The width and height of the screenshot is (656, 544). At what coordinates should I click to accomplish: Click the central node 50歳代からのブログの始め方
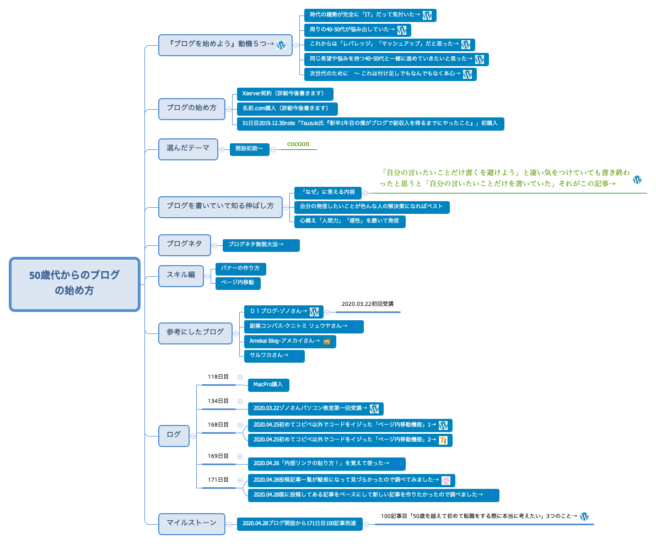[x=74, y=284]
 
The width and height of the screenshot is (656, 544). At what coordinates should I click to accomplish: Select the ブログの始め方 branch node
[x=191, y=109]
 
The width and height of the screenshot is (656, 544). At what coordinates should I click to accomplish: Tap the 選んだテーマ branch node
[x=188, y=149]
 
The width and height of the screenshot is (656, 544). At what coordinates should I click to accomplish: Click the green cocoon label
[x=298, y=144]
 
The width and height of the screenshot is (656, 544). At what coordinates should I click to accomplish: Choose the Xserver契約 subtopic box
[x=284, y=94]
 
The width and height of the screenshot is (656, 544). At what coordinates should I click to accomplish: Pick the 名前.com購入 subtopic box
[x=287, y=109]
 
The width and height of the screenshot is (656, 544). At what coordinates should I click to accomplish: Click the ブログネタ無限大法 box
[x=261, y=245]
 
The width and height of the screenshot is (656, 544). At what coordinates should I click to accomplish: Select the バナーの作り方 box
[x=240, y=269]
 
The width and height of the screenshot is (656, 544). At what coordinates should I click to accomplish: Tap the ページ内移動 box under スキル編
[x=238, y=283]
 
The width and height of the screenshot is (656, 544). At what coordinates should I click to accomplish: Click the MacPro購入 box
[x=268, y=385]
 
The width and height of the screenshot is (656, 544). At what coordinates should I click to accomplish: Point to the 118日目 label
[x=218, y=377]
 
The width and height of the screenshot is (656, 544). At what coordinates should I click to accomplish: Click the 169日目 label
[x=218, y=456]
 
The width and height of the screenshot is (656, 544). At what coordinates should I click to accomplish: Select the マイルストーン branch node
[x=191, y=524]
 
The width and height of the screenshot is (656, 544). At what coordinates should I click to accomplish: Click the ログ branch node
[x=174, y=435]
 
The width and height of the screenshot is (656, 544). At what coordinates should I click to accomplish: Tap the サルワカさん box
[x=274, y=356]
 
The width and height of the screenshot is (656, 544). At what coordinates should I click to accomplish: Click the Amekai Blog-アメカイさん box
[x=289, y=342]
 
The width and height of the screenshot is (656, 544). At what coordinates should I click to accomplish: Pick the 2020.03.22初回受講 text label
[x=368, y=304]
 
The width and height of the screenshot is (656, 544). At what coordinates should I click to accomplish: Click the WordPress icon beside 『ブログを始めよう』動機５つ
[x=281, y=46]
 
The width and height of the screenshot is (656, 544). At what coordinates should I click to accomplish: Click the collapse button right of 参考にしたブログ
[x=238, y=332]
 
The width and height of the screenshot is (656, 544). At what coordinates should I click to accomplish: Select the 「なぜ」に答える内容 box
[x=327, y=193]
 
